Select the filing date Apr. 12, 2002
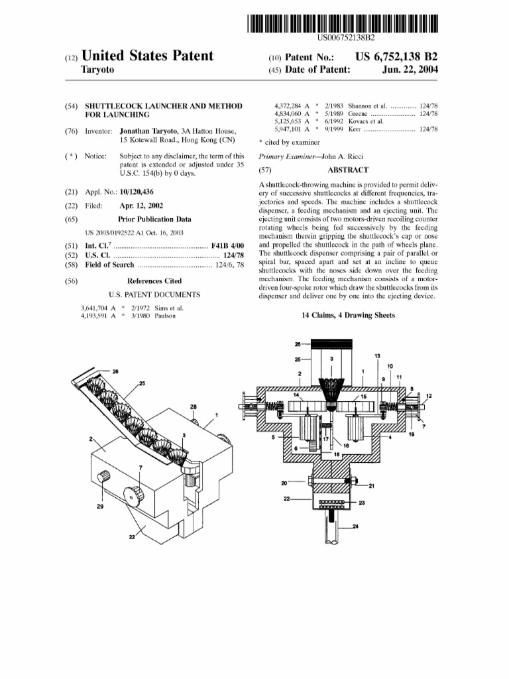pyautogui.click(x=141, y=205)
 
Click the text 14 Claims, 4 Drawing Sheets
pyautogui.click(x=348, y=316)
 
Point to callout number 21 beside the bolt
pyautogui.click(x=371, y=485)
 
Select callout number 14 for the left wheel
pyautogui.click(x=296, y=395)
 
